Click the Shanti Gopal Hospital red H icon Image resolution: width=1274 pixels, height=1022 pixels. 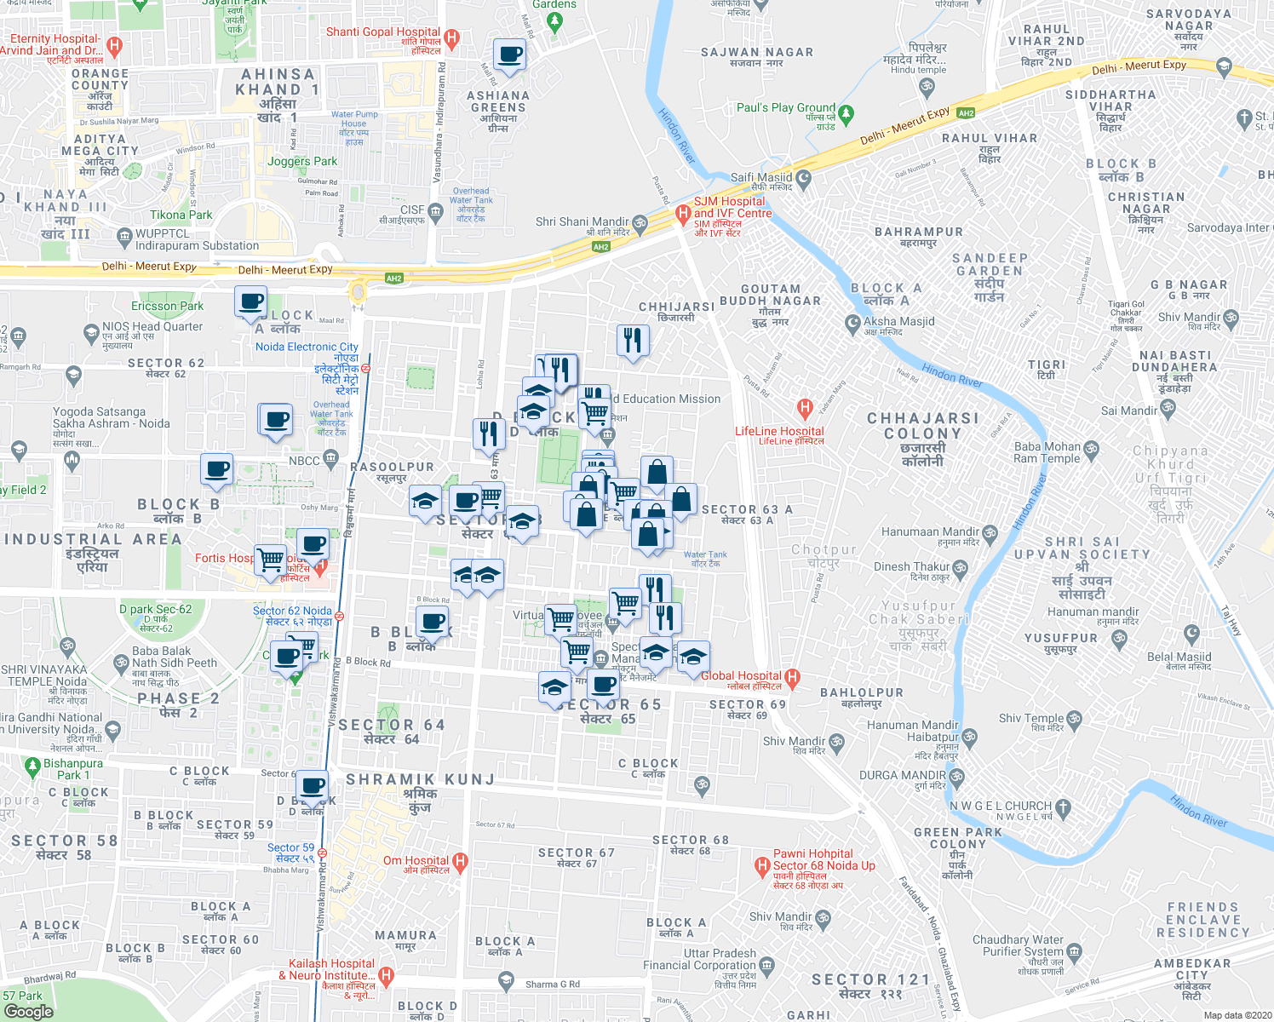click(452, 38)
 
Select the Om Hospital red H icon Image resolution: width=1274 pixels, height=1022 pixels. click(461, 862)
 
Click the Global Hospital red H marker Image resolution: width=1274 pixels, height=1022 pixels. click(793, 678)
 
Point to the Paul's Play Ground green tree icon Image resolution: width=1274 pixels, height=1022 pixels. click(846, 113)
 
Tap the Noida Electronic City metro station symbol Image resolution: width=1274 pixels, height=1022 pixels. click(365, 369)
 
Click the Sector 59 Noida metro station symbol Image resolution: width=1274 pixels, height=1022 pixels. click(322, 853)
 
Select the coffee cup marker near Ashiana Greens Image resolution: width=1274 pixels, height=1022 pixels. click(509, 55)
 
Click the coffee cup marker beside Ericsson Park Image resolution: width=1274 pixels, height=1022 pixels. click(251, 301)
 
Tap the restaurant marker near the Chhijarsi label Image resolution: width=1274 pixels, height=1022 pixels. click(632, 340)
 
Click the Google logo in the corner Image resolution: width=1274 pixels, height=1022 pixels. click(29, 1011)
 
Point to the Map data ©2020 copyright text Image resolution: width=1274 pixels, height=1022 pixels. click(1236, 1015)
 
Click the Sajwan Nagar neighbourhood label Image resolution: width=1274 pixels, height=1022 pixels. click(756, 53)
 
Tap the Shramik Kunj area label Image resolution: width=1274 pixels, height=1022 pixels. click(420, 779)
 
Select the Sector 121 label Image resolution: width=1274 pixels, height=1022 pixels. click(870, 980)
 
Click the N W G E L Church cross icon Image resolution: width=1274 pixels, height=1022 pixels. click(1063, 807)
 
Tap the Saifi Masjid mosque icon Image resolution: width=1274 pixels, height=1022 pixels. click(803, 179)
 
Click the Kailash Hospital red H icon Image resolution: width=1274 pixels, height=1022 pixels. click(386, 975)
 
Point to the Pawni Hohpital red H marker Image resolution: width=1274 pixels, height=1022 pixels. click(762, 866)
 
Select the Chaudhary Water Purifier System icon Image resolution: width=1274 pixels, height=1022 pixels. click(1075, 950)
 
